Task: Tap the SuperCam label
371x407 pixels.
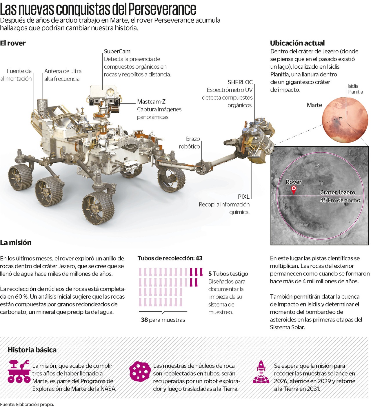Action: (117, 51)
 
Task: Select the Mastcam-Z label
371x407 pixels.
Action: (151, 102)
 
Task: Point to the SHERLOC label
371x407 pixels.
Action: (240, 82)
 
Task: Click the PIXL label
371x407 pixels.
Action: (243, 197)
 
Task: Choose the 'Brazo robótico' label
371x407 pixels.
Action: (190, 143)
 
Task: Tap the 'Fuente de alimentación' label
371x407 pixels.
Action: (16, 75)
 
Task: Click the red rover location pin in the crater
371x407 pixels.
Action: (294, 189)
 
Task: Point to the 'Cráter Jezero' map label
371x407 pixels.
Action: (337, 192)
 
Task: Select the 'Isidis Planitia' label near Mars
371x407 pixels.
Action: (355, 89)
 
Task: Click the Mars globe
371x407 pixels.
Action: (345, 120)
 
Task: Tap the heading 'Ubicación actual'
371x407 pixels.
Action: (297, 43)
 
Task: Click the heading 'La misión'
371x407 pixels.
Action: (16, 242)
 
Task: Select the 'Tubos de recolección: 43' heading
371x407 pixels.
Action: (170, 258)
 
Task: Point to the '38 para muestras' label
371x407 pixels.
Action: (163, 320)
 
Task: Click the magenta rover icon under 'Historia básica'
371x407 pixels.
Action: (19, 371)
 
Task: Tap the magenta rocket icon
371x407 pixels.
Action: (261, 372)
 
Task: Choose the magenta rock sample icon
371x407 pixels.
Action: (140, 371)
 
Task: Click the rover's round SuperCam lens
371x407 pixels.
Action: (109, 92)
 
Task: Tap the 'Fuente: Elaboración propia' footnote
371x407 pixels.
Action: (27, 404)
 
